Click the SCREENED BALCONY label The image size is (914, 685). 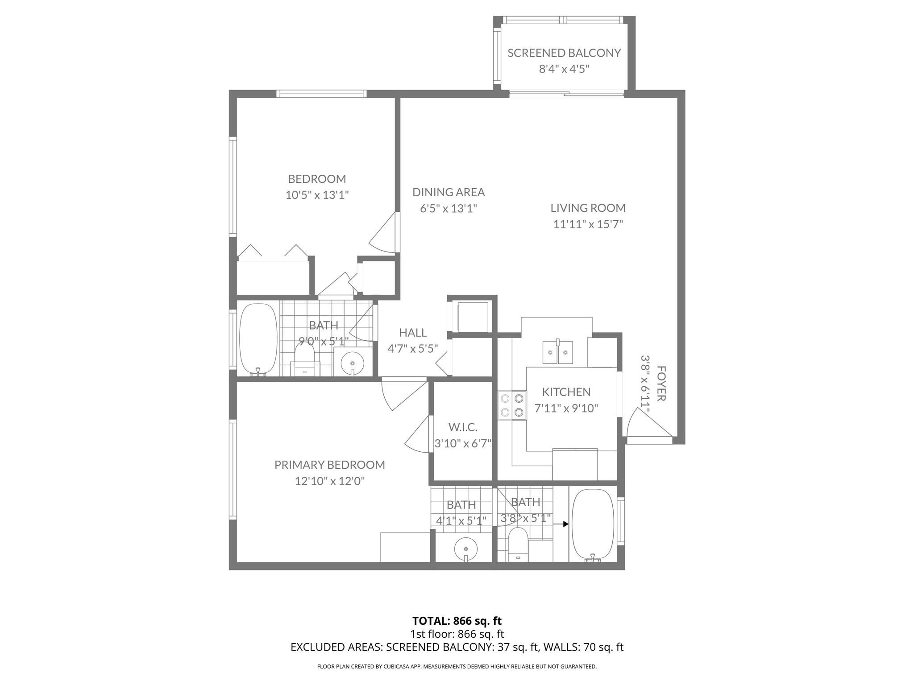564,53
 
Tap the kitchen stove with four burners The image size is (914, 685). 512,405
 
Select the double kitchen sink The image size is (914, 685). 558,352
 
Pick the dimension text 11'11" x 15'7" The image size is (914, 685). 588,224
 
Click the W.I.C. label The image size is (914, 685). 463,427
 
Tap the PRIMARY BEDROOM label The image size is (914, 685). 329,465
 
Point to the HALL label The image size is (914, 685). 413,333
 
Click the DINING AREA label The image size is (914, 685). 449,192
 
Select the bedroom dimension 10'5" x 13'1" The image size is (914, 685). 317,195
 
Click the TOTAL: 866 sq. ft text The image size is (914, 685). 457,621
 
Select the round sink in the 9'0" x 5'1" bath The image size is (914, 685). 353,362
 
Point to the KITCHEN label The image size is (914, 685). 566,392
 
